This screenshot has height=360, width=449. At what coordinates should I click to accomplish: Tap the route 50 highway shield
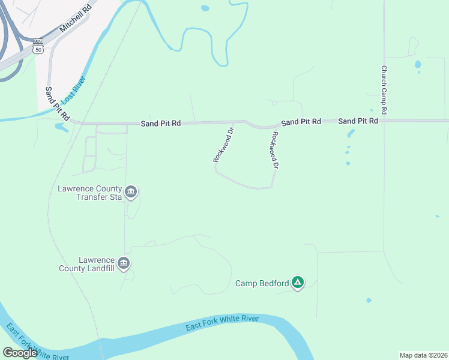39,50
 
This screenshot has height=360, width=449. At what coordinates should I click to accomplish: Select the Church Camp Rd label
383,89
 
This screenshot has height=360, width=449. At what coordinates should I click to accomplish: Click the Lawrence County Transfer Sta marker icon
131,193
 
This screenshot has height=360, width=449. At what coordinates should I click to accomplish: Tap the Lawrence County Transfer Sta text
89,192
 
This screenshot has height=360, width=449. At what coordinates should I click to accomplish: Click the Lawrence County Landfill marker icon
124,263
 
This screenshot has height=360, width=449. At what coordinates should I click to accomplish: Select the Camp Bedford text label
262,283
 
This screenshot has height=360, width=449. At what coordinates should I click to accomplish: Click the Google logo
20,353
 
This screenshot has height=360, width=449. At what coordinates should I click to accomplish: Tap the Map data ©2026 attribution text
424,355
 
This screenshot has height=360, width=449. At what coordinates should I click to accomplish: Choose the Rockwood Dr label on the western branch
223,145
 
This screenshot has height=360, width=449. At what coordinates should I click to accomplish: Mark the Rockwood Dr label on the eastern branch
276,149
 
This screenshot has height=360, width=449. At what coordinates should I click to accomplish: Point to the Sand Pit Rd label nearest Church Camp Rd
358,121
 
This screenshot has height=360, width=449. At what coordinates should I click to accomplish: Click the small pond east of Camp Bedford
368,300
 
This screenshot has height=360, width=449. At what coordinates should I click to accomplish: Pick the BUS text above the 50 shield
38,41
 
